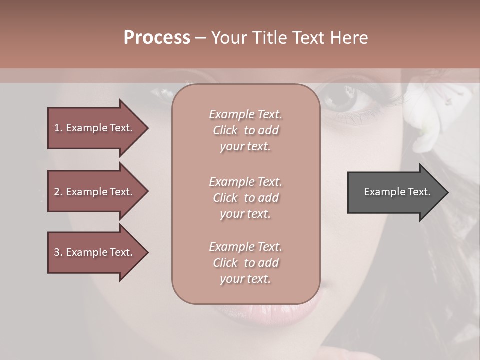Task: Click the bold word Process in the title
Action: click(157, 38)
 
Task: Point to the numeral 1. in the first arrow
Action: click(58, 128)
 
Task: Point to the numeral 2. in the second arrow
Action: click(58, 192)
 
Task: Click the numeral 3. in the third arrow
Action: click(58, 252)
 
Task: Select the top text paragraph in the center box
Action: click(245, 130)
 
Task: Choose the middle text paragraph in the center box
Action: click(245, 198)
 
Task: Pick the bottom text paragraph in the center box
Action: click(245, 263)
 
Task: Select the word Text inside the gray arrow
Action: click(420, 192)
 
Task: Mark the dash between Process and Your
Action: click(200, 38)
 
